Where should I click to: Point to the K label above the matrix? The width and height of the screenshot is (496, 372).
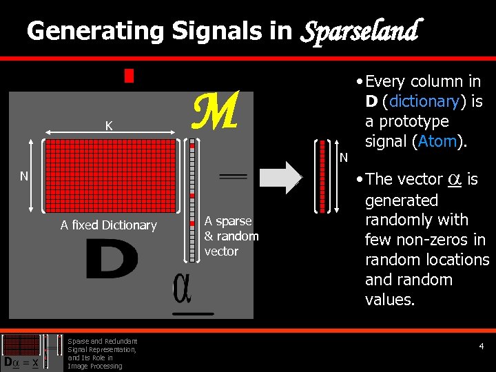[x=109, y=126]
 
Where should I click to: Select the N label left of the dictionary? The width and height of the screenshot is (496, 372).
[x=24, y=176]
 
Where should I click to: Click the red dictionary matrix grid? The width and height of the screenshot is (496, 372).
[x=110, y=176]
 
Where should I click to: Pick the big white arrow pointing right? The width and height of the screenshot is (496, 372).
[x=284, y=176]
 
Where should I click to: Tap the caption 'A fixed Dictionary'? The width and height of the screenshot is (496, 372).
[x=108, y=225]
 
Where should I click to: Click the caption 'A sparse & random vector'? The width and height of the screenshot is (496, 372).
[x=231, y=236]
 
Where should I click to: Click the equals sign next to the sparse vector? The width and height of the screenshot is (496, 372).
[x=232, y=177]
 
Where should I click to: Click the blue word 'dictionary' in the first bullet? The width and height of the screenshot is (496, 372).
[x=423, y=101]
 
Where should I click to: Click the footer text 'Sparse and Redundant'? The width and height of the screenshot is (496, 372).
[x=103, y=341]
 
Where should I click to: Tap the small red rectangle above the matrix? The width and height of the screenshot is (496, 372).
[x=129, y=75]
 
